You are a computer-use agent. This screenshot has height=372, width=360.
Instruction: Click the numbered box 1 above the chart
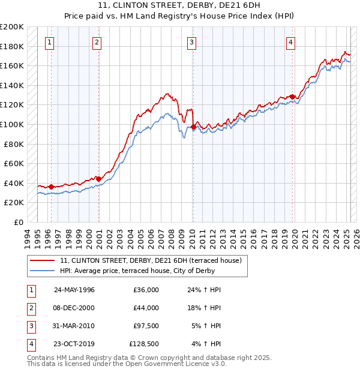49,42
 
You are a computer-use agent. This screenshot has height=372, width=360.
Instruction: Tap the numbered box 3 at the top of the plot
191,42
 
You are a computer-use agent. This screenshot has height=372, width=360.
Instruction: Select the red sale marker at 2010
193,127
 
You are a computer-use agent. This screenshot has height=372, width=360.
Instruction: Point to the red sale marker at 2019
292,97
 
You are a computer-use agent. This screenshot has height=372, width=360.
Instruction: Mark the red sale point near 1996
51,187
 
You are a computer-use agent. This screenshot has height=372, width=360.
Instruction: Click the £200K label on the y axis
12,27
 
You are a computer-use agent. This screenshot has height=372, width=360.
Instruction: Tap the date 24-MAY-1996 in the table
74,290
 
